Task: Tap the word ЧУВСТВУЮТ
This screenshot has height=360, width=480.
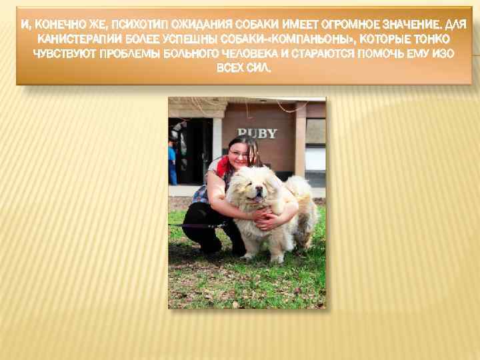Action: point(63,55)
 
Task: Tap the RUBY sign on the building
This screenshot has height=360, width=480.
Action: point(257,133)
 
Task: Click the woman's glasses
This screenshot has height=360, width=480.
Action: point(238,153)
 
